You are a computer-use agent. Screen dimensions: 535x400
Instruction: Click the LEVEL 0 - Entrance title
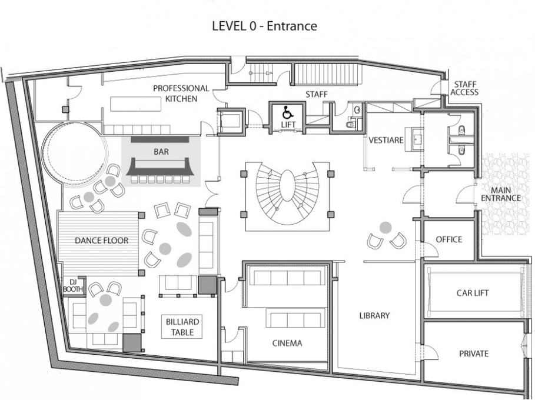[x=265, y=26]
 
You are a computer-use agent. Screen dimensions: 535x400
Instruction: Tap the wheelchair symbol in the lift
[x=287, y=112]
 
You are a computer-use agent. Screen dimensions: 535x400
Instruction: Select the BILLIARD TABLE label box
[x=182, y=326]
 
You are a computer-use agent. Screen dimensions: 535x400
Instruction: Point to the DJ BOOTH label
[x=73, y=285]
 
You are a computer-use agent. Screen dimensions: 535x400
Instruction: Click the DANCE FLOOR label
[x=102, y=241]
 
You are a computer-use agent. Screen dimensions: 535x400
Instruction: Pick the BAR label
[x=161, y=151]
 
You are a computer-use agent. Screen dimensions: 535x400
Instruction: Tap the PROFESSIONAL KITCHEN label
[x=181, y=94]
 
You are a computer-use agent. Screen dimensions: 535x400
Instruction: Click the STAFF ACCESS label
[x=464, y=88]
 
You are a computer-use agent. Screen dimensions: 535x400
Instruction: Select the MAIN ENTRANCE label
[x=501, y=194]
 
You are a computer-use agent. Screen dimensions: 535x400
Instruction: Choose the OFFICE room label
[x=449, y=239]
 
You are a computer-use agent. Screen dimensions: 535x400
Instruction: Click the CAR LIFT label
[x=473, y=292]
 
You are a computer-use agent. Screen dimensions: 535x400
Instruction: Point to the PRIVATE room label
[x=474, y=354]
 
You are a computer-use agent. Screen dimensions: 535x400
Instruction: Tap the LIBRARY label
[x=374, y=315]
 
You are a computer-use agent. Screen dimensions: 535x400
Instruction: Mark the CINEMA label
[x=287, y=343]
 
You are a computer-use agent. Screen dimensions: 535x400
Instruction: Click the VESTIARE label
[x=386, y=140]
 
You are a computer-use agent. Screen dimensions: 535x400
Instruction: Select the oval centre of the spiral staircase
[x=288, y=186]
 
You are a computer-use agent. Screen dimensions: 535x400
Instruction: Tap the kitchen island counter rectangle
[x=135, y=104]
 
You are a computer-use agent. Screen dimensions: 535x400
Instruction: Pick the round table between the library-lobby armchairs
[x=386, y=227]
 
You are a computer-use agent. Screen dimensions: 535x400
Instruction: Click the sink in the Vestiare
[x=417, y=139]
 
